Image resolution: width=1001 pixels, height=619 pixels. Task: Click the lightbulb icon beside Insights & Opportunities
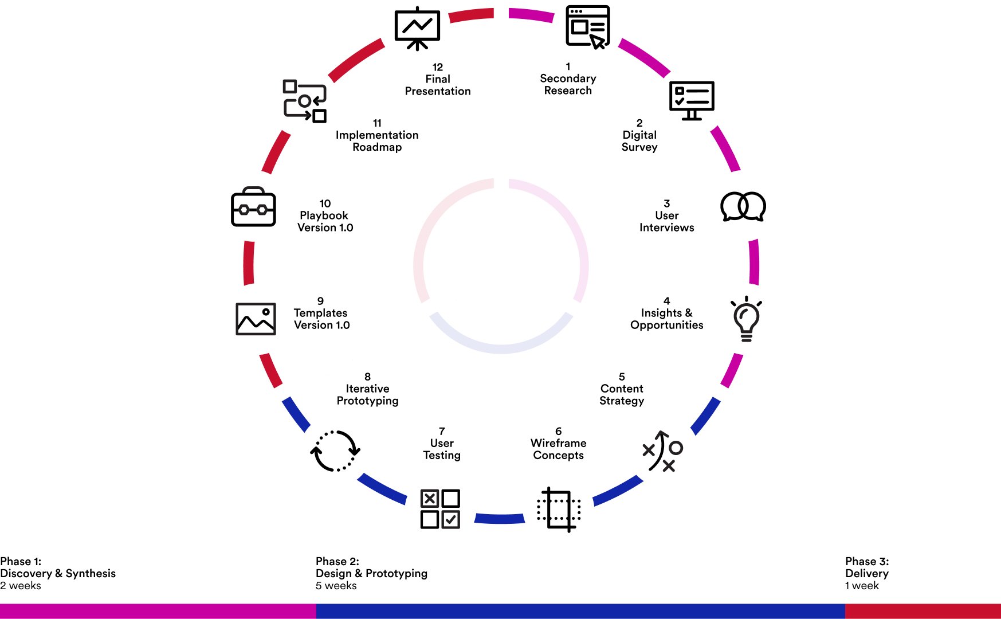tap(746, 319)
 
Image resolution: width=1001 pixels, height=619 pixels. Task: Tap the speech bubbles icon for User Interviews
tap(743, 206)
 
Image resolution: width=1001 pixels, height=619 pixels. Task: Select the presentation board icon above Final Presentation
tap(417, 28)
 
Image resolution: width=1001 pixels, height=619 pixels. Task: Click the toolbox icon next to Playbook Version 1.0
tap(253, 207)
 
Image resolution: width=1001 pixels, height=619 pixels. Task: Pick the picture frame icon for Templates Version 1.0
tap(256, 319)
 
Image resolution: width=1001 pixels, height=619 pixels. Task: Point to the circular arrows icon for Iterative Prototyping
tap(335, 451)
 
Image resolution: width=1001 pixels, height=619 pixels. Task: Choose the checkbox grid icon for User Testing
tap(440, 508)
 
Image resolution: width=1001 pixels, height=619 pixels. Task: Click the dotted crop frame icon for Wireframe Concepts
tap(559, 509)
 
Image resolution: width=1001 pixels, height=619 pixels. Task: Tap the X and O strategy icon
tap(663, 451)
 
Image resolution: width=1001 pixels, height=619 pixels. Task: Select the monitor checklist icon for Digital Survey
tap(692, 100)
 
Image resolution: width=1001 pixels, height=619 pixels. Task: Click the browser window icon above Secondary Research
tap(587, 27)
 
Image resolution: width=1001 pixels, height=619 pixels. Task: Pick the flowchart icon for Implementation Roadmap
tap(305, 101)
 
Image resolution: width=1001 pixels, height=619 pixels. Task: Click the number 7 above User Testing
tap(442, 431)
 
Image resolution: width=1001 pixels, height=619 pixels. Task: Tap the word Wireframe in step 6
tap(558, 443)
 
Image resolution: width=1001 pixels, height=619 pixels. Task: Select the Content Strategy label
tap(622, 394)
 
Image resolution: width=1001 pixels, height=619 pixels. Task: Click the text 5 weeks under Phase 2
tap(336, 586)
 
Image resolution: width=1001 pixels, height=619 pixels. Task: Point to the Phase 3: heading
tap(867, 561)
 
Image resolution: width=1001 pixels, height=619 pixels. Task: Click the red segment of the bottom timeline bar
tap(923, 611)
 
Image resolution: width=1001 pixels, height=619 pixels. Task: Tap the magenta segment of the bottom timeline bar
tap(158, 611)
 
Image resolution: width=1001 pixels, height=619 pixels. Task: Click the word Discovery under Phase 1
tap(26, 573)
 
